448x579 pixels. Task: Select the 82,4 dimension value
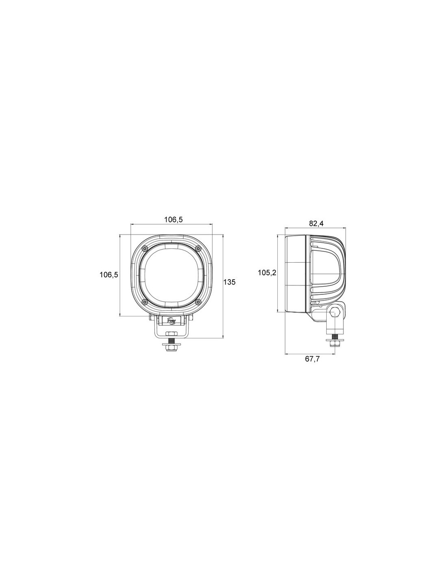point(316,224)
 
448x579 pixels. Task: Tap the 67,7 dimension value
point(312,359)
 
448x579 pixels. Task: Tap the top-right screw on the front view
point(198,248)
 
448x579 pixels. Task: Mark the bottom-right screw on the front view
point(198,302)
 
